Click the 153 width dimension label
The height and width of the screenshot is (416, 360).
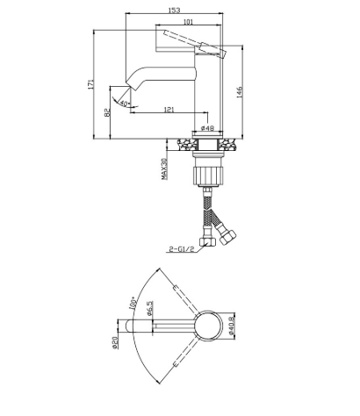point(174,10)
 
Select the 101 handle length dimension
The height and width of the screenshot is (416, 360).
point(188,21)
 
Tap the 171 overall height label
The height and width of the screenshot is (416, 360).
point(90,84)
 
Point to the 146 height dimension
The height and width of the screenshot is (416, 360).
point(240,92)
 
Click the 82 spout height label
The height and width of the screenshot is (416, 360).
point(107,112)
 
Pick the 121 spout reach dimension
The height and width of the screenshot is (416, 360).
point(169,110)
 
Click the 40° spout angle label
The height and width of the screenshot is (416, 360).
point(125,104)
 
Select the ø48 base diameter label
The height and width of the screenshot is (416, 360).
point(207,128)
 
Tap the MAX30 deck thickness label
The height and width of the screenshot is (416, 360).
point(164,169)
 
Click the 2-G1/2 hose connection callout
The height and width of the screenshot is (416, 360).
point(182,249)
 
